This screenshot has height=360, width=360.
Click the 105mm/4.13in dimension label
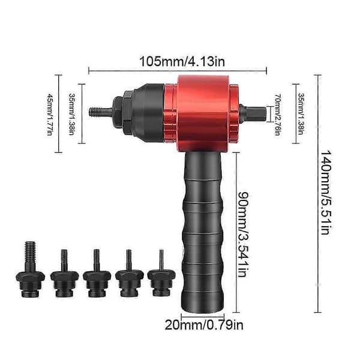pos(182,62)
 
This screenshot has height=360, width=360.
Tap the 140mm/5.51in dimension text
pos(326,193)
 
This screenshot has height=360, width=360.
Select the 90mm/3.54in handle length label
pos(244,234)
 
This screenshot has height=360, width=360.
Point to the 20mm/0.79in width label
pos(204,325)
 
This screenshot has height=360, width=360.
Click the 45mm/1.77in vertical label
pos(50,114)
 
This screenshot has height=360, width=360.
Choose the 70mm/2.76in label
pos(278,115)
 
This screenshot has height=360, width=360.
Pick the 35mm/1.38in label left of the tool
pos(71,114)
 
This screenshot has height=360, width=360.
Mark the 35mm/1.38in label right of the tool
pos(301,114)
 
